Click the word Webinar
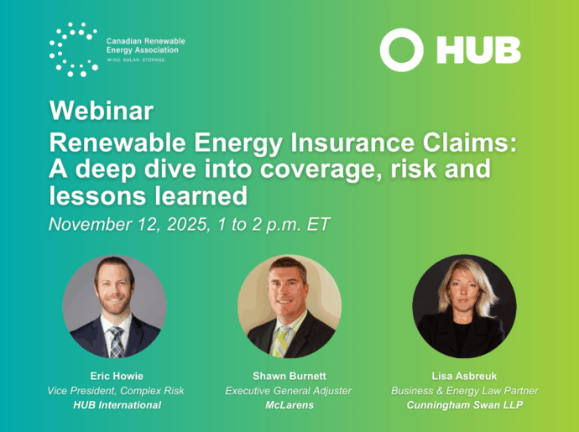tap(102, 111)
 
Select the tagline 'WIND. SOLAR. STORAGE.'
tap(136, 60)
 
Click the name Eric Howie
tap(117, 377)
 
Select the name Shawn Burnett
tap(289, 377)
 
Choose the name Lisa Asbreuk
tap(464, 377)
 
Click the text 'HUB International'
tap(117, 405)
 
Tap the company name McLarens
tap(289, 405)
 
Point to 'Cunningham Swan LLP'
tap(465, 405)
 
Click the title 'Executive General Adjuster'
tap(289, 391)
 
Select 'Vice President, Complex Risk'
tap(116, 391)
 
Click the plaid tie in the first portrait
tap(117, 342)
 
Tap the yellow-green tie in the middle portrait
tap(281, 342)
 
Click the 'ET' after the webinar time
tap(318, 225)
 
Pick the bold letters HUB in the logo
tap(478, 49)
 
